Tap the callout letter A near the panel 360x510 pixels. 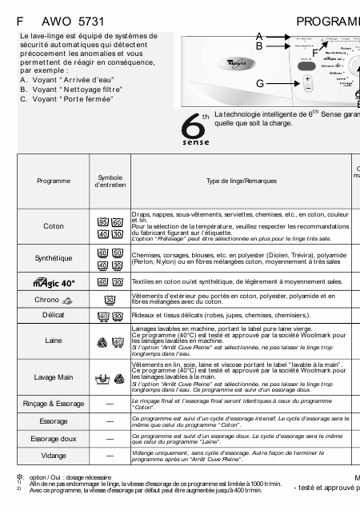pos(260,36)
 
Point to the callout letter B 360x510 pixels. pos(260,46)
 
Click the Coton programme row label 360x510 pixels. pos(54,226)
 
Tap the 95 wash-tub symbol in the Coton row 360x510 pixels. pos(103,221)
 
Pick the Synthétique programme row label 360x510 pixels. pos(54,258)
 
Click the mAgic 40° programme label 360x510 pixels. pos(54,282)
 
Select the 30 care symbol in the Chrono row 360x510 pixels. pos(110,300)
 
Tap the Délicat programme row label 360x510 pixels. pos(54,317)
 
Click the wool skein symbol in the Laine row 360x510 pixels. pos(103,344)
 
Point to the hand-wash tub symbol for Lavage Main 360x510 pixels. pos(103,377)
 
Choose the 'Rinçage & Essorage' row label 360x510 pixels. pos(54,404)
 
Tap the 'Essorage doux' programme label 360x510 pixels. pos(54,438)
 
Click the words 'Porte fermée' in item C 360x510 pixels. pos(89,99)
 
